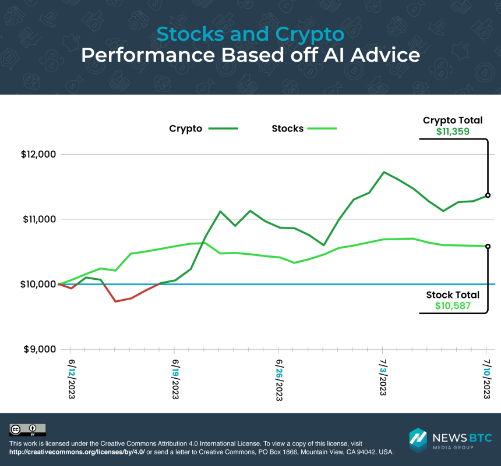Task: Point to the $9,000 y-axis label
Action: coord(38,350)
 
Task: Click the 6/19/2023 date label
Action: coord(174,379)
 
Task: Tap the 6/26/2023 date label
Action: coord(278,379)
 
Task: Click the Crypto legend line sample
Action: coord(223,129)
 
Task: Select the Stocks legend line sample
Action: coord(322,129)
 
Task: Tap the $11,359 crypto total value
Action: coord(453,131)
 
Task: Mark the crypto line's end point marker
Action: coord(488,195)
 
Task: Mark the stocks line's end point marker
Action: coord(488,246)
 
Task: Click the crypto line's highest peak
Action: coord(384,172)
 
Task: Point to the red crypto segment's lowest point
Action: coord(115,301)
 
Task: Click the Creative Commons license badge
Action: coord(27,430)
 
